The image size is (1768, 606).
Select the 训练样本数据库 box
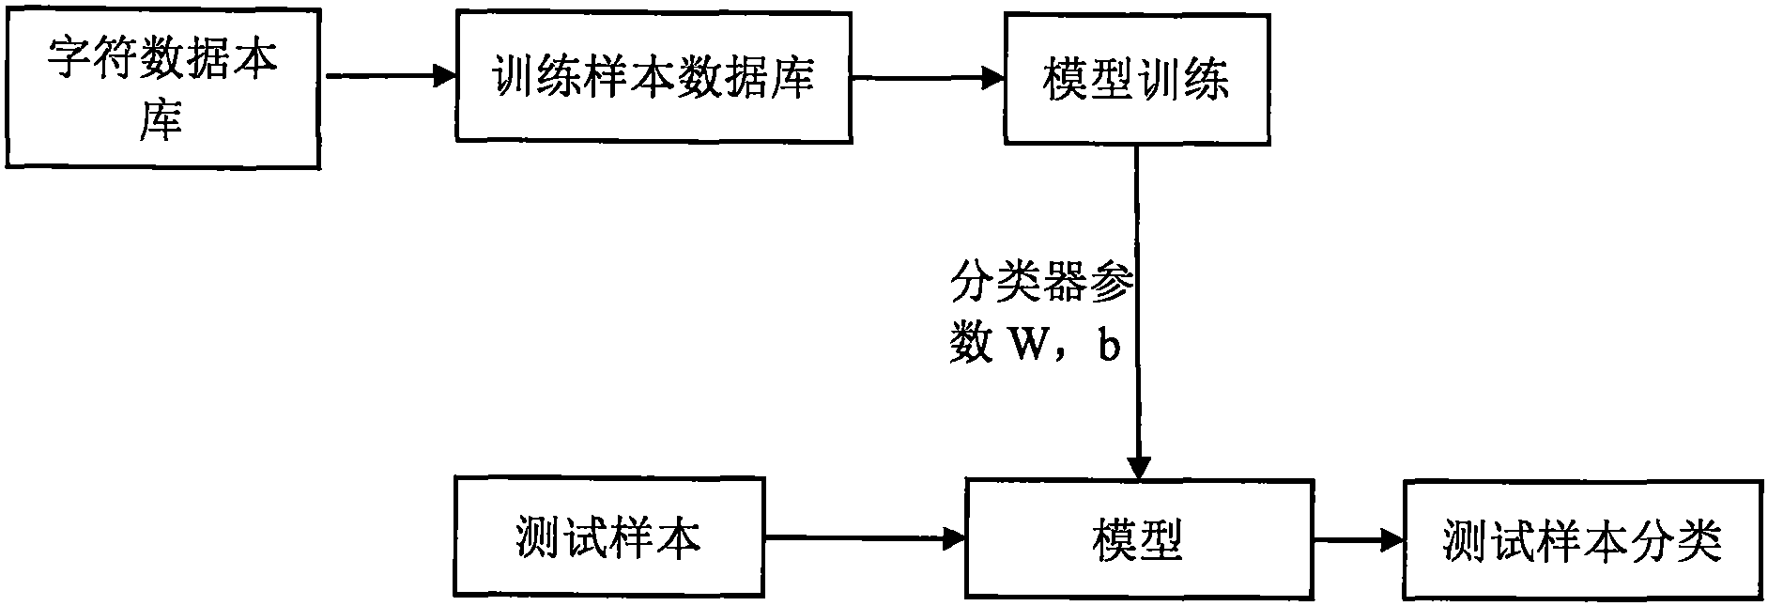(653, 77)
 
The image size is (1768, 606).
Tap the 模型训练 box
(1136, 79)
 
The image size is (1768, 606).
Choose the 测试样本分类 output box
(1583, 541)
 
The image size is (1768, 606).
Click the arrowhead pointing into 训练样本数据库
(444, 76)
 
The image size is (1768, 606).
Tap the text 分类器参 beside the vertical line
(1041, 282)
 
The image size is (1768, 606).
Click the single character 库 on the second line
(161, 121)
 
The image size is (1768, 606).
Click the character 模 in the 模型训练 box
(1065, 80)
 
